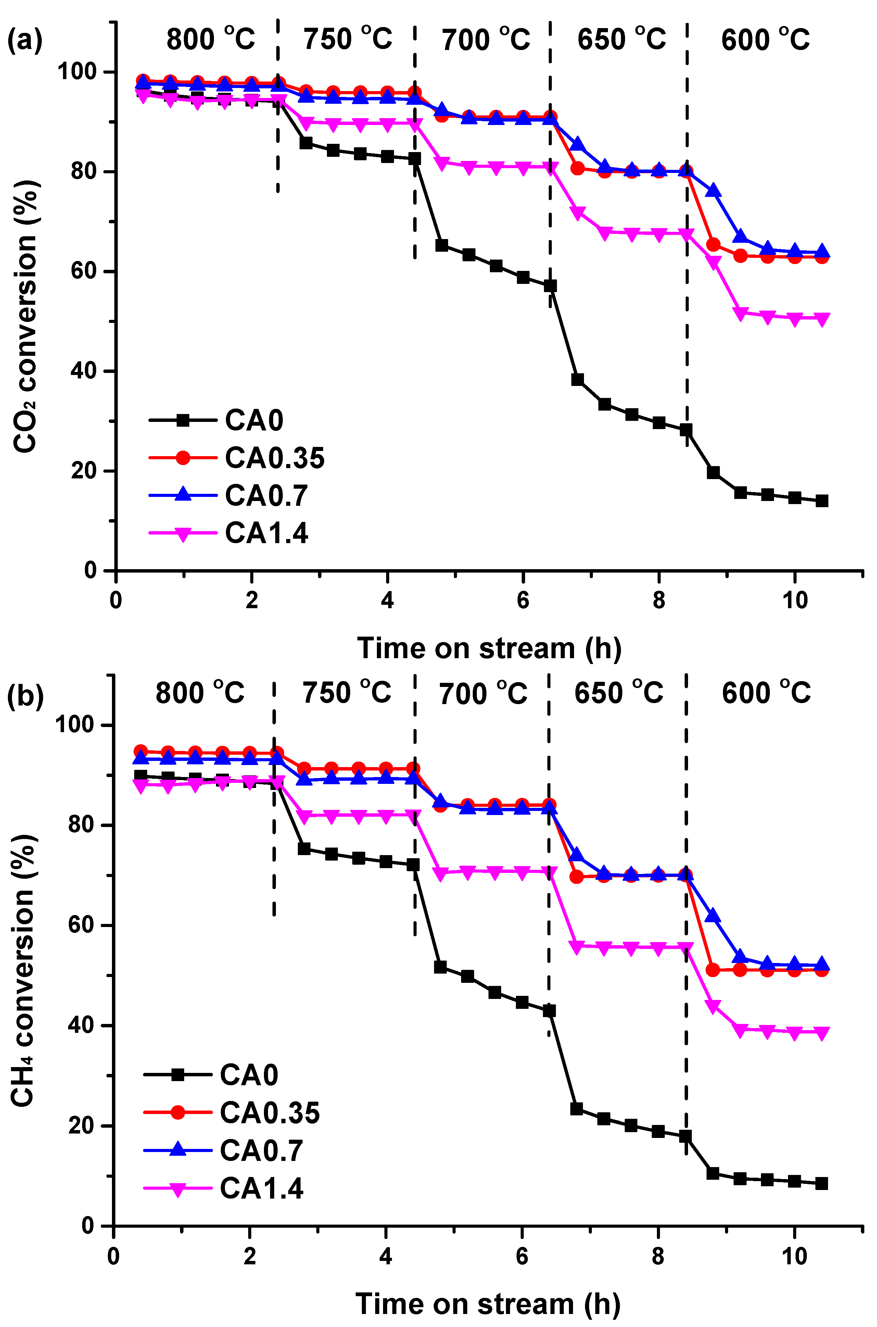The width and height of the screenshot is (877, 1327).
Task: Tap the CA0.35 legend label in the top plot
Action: point(274,458)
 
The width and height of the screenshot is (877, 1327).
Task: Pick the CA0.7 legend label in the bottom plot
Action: point(261,1151)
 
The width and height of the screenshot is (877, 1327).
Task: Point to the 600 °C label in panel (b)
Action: point(766,692)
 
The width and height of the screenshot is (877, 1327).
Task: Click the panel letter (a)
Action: point(25,40)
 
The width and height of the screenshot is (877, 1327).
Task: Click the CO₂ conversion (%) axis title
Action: point(26,316)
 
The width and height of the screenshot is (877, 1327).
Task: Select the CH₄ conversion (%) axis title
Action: point(24,971)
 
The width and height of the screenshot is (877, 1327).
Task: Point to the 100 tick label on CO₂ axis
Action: point(77,72)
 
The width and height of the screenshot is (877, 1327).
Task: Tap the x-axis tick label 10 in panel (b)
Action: point(794,1256)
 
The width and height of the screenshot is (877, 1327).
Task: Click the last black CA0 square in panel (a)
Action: point(822,501)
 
